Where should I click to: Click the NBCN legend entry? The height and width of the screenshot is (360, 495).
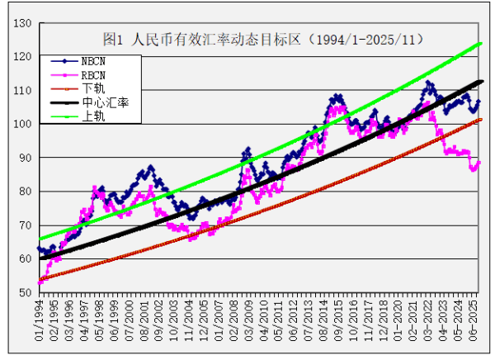pyautogui.click(x=92, y=61)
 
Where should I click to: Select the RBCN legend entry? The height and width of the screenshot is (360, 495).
pyautogui.click(x=92, y=74)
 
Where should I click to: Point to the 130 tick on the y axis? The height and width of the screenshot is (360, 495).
pyautogui.click(x=22, y=22)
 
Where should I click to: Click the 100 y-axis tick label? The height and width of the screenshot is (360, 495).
pyautogui.click(x=22, y=124)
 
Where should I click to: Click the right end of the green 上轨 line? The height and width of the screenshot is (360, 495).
pyautogui.click(x=481, y=43)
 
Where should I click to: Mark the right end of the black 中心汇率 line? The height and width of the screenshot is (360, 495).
pyautogui.click(x=481, y=82)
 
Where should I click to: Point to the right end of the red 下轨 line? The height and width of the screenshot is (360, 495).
pyautogui.click(x=481, y=120)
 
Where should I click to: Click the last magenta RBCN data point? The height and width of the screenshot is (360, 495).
pyautogui.click(x=479, y=163)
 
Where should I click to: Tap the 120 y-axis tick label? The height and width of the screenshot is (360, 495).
pyautogui.click(x=22, y=56)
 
